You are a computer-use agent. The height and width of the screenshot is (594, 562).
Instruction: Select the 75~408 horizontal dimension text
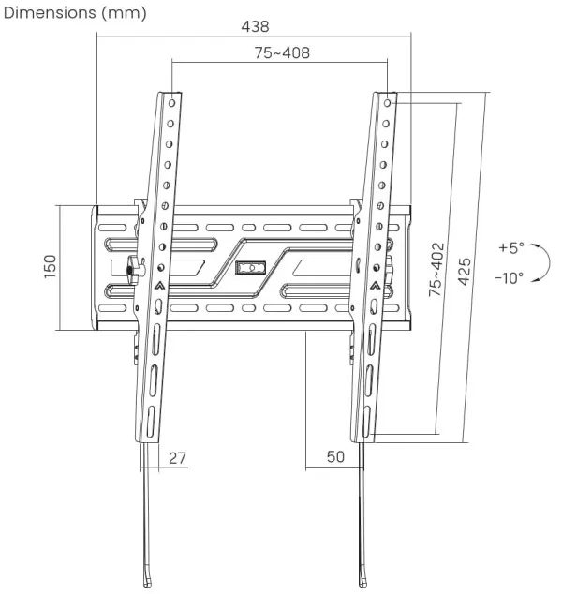[281, 53]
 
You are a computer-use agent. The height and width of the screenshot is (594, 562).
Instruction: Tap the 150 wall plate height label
[50, 267]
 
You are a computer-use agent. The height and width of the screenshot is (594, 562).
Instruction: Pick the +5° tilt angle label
[511, 248]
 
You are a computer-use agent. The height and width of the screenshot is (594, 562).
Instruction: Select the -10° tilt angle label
[510, 277]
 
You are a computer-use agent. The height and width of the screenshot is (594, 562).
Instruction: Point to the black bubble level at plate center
[249, 269]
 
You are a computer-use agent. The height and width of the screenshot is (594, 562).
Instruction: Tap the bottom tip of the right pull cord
[362, 582]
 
